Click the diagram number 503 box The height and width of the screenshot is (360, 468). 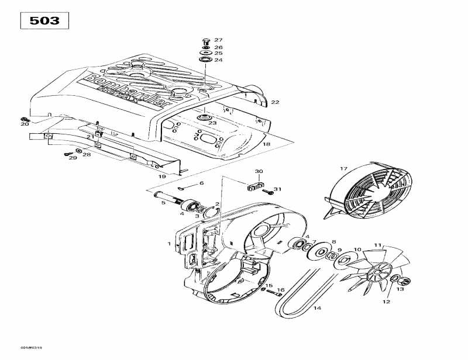click(45, 20)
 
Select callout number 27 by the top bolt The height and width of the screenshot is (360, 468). click(218, 39)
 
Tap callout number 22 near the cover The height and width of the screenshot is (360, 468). click(275, 102)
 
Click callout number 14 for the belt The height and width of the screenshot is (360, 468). click(317, 308)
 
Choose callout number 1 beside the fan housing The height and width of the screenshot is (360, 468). click(169, 244)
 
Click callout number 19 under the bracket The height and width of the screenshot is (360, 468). click(162, 176)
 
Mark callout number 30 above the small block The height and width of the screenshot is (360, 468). click(259, 171)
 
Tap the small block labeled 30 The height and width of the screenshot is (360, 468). click(252, 187)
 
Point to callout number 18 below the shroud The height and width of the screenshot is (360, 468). click(266, 144)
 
